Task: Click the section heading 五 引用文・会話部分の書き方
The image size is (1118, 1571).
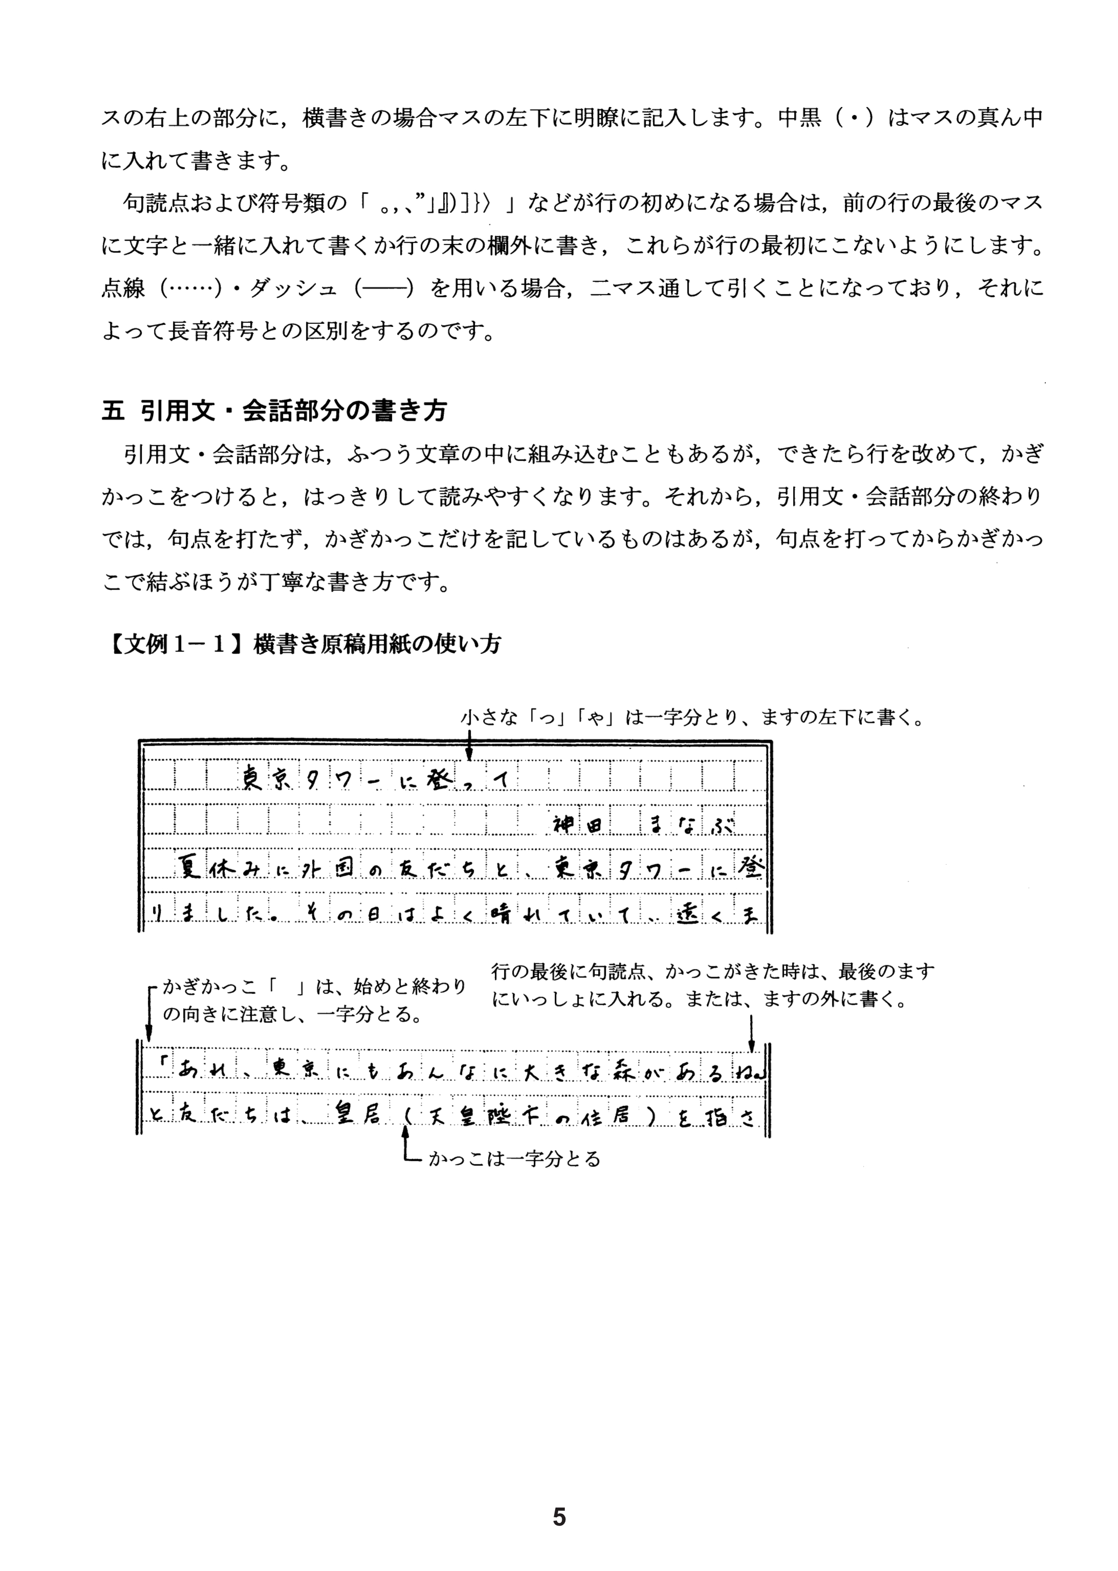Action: (x=274, y=410)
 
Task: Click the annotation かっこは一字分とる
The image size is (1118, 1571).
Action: (x=514, y=1160)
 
